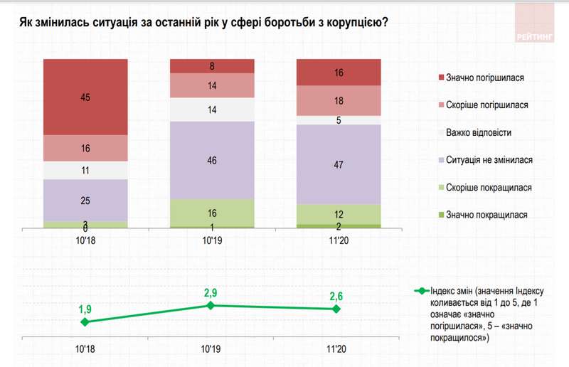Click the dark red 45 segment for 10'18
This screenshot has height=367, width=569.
tap(85, 97)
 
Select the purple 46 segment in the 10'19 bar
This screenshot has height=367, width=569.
tap(211, 160)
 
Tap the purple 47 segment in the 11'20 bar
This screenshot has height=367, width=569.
tap(338, 164)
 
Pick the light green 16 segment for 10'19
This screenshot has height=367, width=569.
tap(211, 213)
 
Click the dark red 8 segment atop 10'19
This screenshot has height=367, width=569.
tap(211, 66)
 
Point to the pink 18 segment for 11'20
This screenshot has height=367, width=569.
tap(338, 100)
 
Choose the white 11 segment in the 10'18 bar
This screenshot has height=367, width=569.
tap(85, 171)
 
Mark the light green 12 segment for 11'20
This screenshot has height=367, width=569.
tap(338, 214)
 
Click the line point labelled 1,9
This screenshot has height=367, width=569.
tap(85, 321)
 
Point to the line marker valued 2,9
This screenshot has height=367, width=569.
tap(211, 305)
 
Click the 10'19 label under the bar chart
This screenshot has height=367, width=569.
tap(211, 241)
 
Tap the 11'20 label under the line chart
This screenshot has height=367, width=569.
tap(338, 349)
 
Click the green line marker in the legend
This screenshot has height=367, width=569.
tap(421, 291)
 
